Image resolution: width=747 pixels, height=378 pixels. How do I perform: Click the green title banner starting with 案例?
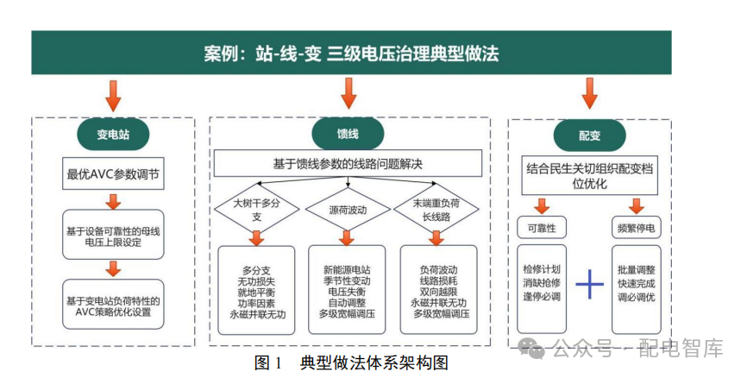click(351, 54)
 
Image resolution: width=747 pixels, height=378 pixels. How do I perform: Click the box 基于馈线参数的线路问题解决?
click(348, 162)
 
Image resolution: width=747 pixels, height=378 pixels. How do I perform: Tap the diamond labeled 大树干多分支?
click(257, 210)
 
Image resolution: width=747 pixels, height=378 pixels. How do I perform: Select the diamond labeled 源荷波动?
click(348, 210)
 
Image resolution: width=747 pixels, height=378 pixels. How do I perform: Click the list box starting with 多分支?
click(257, 290)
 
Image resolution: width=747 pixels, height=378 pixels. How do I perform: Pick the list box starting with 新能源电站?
click(348, 290)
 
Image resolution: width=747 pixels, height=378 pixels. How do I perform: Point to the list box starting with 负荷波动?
click(439, 290)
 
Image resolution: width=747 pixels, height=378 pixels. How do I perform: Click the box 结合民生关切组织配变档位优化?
click(590, 176)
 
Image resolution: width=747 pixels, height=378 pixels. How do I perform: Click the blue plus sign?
click(589, 284)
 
